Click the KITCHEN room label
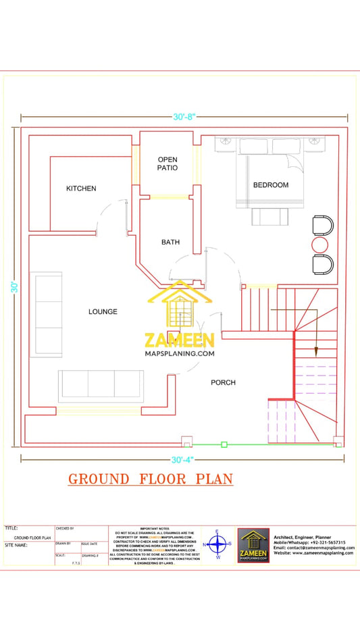(x=81, y=188)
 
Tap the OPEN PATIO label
(x=168, y=163)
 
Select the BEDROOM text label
(x=270, y=185)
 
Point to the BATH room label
(x=170, y=242)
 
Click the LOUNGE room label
(x=103, y=312)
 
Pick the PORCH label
(x=223, y=382)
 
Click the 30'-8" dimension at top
(x=184, y=117)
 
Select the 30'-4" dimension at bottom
(x=182, y=460)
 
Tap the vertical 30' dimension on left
(x=14, y=286)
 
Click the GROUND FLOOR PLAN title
(x=150, y=480)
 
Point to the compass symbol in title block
(x=217, y=543)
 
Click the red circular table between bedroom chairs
(x=319, y=244)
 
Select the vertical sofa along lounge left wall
(x=49, y=314)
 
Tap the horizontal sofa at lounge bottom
(x=101, y=385)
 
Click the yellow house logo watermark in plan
(x=179, y=307)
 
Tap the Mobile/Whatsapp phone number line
(x=309, y=542)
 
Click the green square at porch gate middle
(x=225, y=444)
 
